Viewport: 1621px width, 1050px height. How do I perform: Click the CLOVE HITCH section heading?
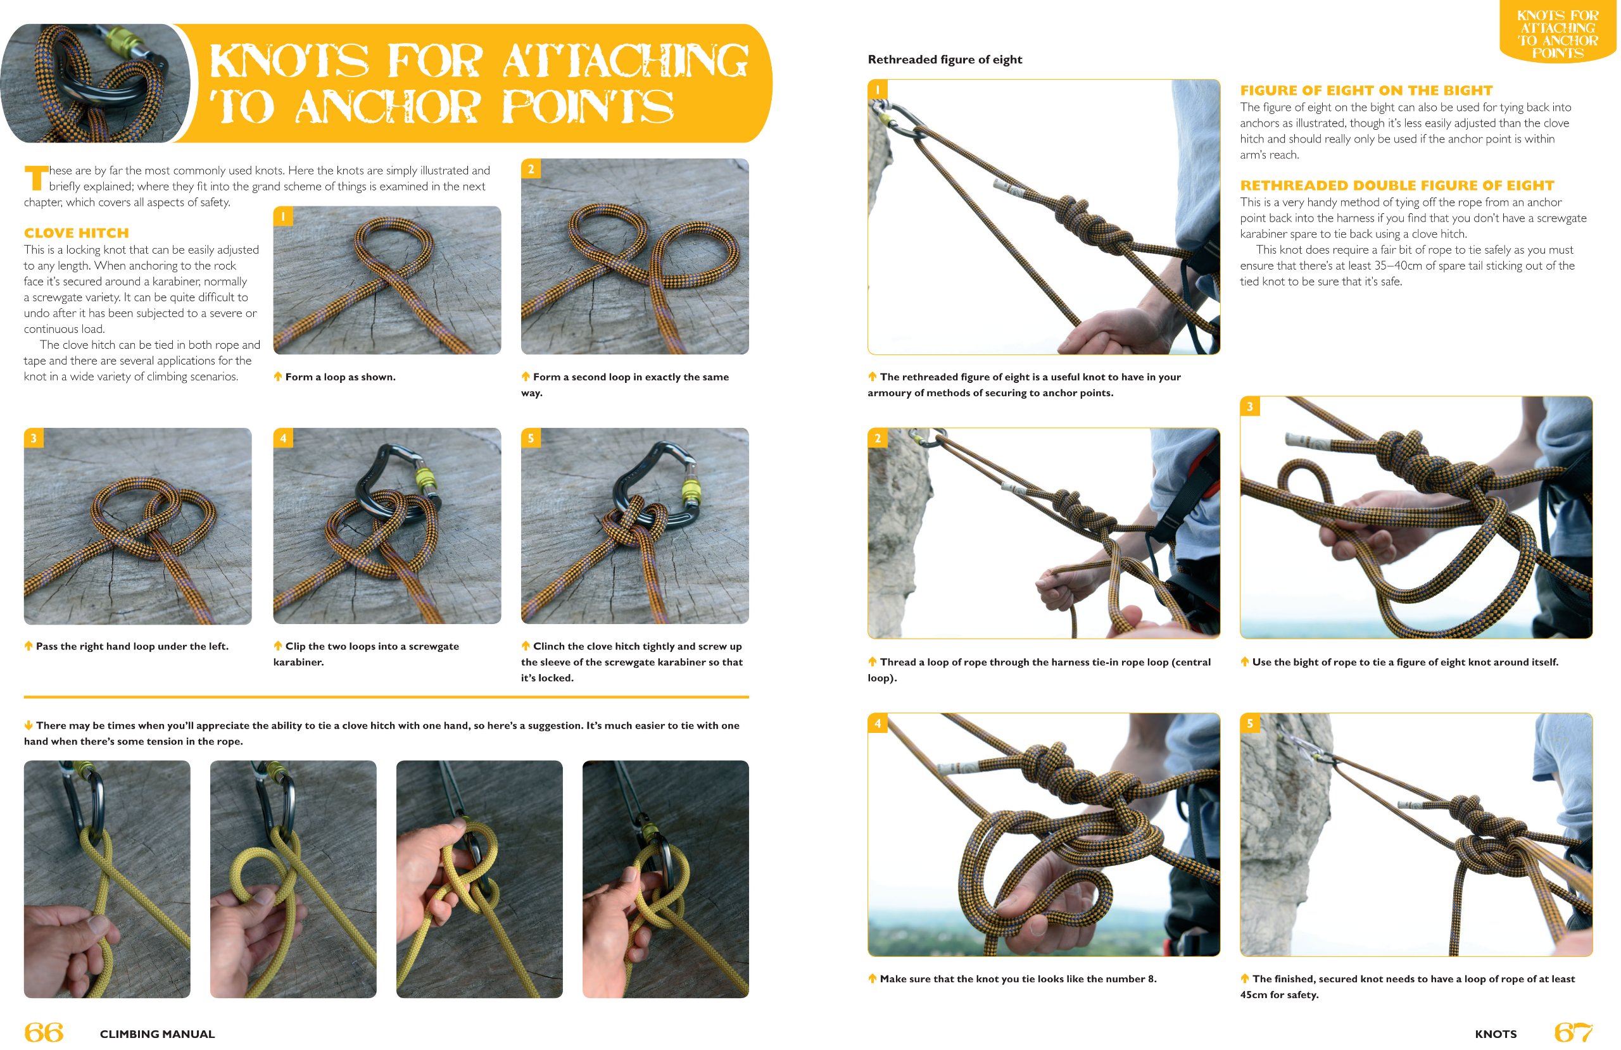pyautogui.click(x=76, y=233)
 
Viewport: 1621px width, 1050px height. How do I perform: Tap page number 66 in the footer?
pyautogui.click(x=44, y=1032)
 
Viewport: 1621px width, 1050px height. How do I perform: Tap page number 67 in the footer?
pyautogui.click(x=1572, y=1032)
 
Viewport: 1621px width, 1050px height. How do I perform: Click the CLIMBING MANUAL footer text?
pyautogui.click(x=157, y=1034)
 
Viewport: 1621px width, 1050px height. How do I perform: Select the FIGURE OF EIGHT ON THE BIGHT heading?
pyautogui.click(x=1366, y=91)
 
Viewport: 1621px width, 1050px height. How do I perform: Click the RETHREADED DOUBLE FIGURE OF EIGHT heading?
pyautogui.click(x=1396, y=185)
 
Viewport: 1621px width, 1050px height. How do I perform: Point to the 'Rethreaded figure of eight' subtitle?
pyautogui.click(x=944, y=59)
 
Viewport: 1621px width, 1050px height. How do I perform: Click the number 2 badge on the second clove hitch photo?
pyautogui.click(x=531, y=169)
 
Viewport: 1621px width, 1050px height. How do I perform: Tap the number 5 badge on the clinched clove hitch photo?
pyautogui.click(x=531, y=438)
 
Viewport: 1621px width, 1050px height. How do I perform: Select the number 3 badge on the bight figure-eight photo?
pyautogui.click(x=1249, y=406)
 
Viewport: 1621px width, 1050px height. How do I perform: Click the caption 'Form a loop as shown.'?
pyautogui.click(x=339, y=377)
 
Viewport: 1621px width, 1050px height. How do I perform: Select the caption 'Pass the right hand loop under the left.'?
pyautogui.click(x=132, y=646)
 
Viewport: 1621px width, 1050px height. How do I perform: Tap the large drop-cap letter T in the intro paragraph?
pyautogui.click(x=36, y=178)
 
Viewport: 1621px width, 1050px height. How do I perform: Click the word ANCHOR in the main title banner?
pyautogui.click(x=387, y=107)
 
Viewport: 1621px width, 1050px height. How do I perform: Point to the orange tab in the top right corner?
pyautogui.click(x=1557, y=33)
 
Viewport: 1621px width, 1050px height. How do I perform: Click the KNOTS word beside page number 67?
pyautogui.click(x=1495, y=1034)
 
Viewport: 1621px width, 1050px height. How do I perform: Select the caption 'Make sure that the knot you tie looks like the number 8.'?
pyautogui.click(x=1017, y=978)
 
